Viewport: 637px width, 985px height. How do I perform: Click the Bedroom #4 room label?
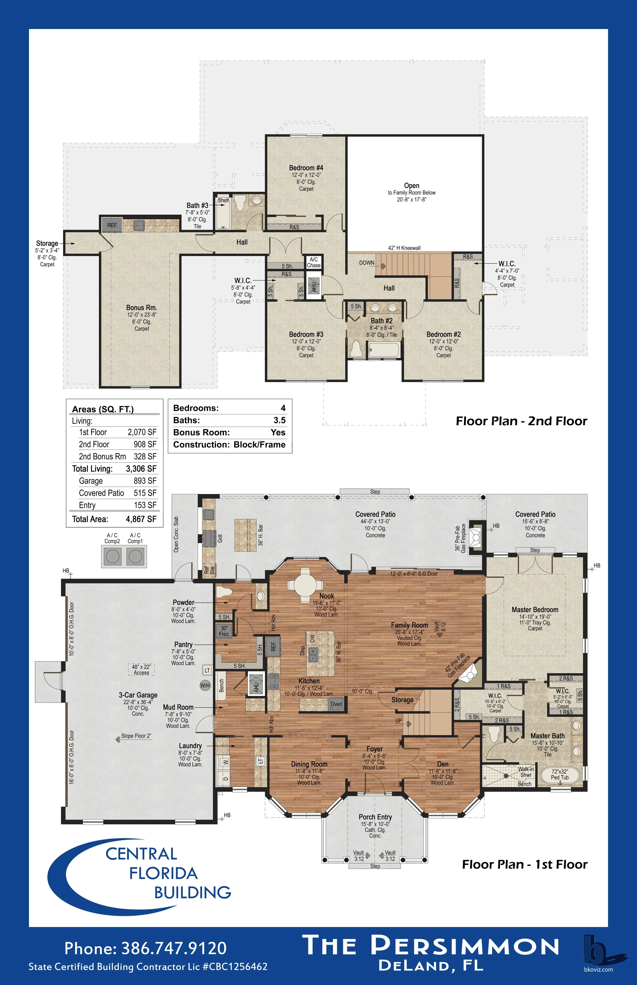coord(306,168)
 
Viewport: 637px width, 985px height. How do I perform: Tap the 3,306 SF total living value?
coord(141,469)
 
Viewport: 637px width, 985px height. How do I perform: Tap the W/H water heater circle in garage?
coord(205,685)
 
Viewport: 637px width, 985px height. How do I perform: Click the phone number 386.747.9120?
coord(174,948)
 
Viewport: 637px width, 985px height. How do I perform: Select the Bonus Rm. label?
coord(141,307)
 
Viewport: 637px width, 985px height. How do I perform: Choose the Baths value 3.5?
coord(280,420)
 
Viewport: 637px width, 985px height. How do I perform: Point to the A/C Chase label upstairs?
coord(314,262)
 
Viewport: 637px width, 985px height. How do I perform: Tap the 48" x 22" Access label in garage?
coord(141,670)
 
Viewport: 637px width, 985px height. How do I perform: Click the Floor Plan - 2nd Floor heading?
coord(521,421)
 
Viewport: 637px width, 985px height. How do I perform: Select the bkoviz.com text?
coord(598,969)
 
